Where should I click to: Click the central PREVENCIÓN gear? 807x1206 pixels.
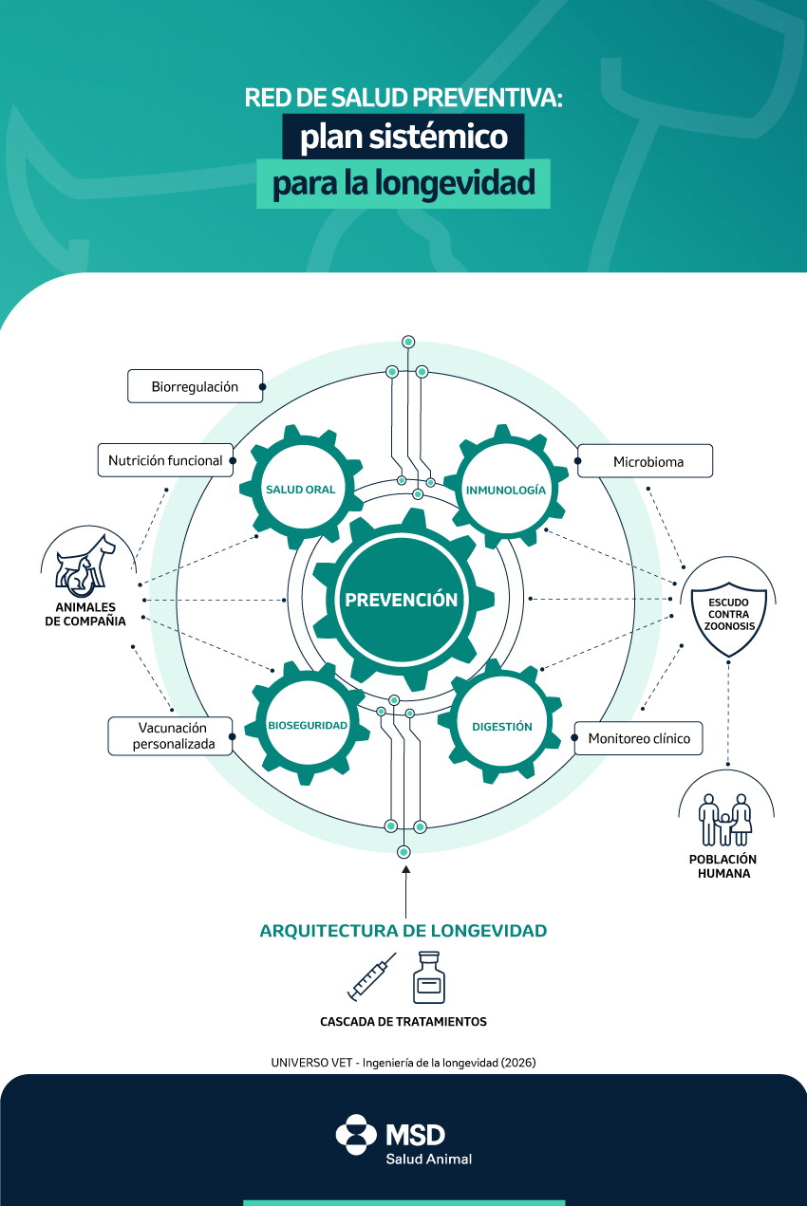pyautogui.click(x=402, y=600)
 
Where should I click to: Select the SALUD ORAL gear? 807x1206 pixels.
pyautogui.click(x=300, y=490)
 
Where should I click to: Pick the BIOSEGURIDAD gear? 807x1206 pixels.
pyautogui.click(x=307, y=726)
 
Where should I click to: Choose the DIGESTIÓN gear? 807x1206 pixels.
pyautogui.click(x=501, y=727)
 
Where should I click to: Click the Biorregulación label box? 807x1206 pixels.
pyautogui.click(x=195, y=386)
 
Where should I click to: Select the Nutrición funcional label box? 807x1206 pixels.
pyautogui.click(x=165, y=460)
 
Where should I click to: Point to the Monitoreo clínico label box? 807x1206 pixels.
pyautogui.click(x=638, y=738)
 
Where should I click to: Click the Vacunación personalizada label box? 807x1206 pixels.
pyautogui.click(x=171, y=735)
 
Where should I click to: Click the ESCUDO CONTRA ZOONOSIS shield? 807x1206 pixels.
pyautogui.click(x=728, y=609)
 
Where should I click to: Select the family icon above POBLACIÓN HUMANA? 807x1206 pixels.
pyautogui.click(x=725, y=818)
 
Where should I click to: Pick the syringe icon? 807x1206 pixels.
pyautogui.click(x=370, y=979)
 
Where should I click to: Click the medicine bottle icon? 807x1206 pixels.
pyautogui.click(x=429, y=977)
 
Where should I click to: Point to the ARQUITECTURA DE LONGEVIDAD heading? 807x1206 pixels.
pyautogui.click(x=403, y=931)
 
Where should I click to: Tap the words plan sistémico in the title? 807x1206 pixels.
pyautogui.click(x=403, y=138)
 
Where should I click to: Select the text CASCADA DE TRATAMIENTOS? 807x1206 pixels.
pyautogui.click(x=403, y=1022)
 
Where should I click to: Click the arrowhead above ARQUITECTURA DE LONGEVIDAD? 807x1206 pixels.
pyautogui.click(x=405, y=868)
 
